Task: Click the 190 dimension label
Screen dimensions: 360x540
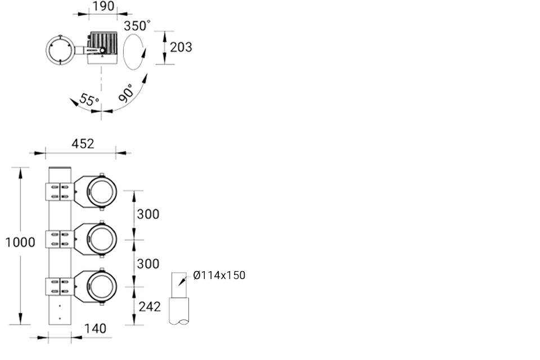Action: coord(103,6)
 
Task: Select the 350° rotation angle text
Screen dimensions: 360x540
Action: coord(138,26)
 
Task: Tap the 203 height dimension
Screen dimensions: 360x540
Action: coord(181,47)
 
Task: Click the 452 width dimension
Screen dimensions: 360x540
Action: coord(83,143)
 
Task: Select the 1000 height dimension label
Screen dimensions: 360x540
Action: coord(20,242)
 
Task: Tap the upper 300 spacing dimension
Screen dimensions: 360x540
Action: coord(147,214)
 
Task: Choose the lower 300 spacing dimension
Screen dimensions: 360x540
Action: coord(147,263)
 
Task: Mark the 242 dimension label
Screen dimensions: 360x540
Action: coord(149,307)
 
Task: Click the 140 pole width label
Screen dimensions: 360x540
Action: coord(95,328)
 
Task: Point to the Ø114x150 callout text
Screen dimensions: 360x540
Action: coord(219,276)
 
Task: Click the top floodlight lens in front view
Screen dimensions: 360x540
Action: coord(102,192)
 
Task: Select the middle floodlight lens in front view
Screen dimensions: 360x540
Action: coord(102,239)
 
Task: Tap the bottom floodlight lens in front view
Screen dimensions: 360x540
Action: coord(102,286)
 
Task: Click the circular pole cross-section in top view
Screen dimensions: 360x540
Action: coord(59,51)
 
